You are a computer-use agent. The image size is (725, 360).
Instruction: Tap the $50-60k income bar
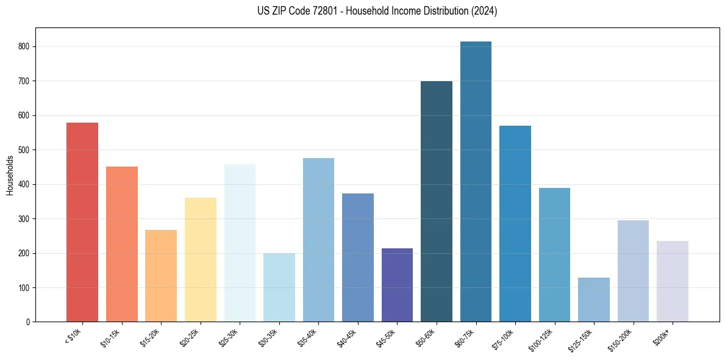coord(437,201)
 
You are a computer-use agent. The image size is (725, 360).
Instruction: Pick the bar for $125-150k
coord(594,300)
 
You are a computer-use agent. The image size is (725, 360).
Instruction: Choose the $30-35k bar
coord(279,287)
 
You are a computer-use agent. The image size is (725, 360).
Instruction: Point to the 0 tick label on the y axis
coord(28,322)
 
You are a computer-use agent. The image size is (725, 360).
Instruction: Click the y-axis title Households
coord(10,175)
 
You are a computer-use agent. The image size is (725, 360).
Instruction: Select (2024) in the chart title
coord(484,11)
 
